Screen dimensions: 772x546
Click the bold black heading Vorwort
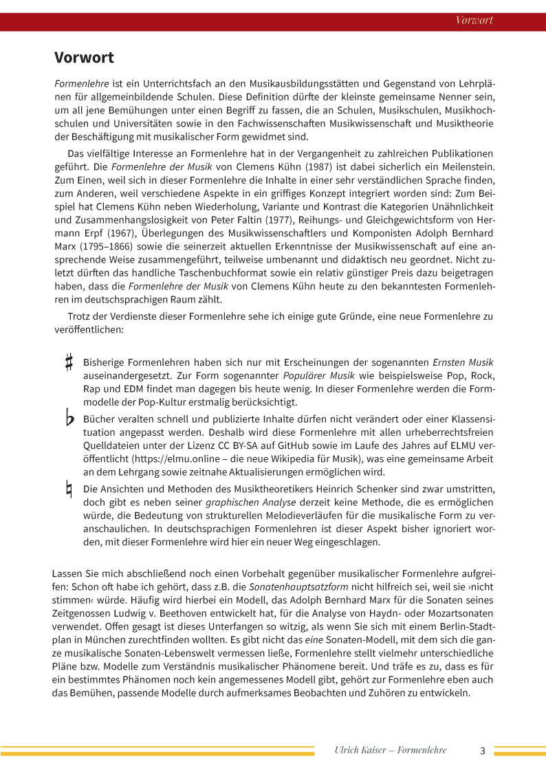[x=84, y=57]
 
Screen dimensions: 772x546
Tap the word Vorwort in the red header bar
[x=474, y=20]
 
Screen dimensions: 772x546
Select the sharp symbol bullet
[x=69, y=362]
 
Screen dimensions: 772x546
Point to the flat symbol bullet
[x=69, y=419]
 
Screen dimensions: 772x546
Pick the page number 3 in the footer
[x=483, y=750]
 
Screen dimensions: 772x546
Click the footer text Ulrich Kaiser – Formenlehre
[x=390, y=750]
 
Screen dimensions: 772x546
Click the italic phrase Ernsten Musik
[x=462, y=362]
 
